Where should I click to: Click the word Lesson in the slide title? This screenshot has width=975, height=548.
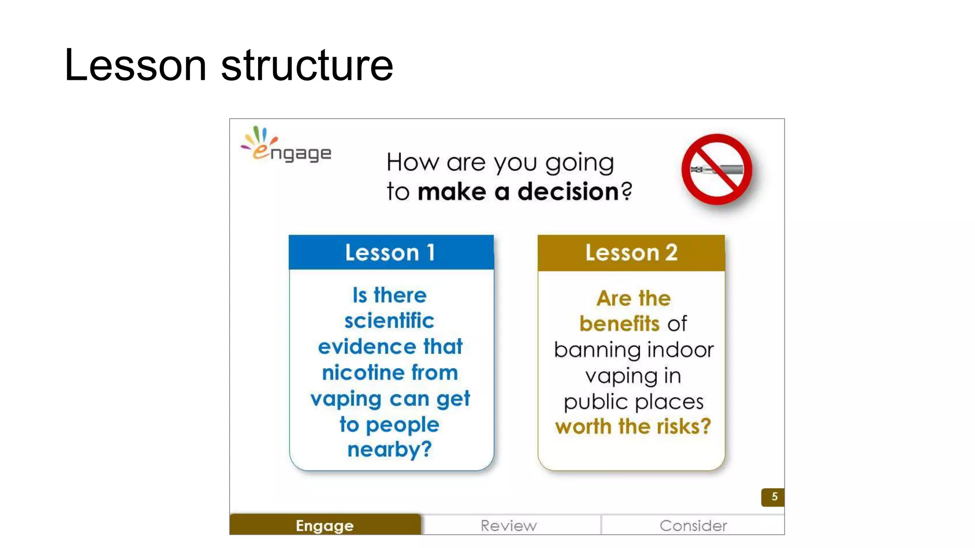coord(135,65)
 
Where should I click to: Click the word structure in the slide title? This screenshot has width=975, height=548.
coord(307,65)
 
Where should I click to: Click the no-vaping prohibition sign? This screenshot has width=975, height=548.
coord(716,169)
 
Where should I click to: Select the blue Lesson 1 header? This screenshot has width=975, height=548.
coord(391,253)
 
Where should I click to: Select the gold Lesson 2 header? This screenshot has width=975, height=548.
coord(631,253)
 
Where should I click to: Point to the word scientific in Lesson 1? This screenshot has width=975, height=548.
coord(389,321)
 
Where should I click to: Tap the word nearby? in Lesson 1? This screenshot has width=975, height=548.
coord(389,450)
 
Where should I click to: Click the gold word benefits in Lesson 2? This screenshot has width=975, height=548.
coord(619,324)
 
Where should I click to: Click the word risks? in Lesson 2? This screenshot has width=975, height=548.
coord(684,427)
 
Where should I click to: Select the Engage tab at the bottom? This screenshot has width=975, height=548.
coord(325,525)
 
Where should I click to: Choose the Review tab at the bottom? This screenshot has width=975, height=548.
coord(508,525)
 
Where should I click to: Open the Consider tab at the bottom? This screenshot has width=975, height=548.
coord(693,525)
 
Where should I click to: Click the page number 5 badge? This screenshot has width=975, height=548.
coord(774,497)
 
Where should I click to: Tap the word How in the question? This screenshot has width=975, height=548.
coord(412,162)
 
